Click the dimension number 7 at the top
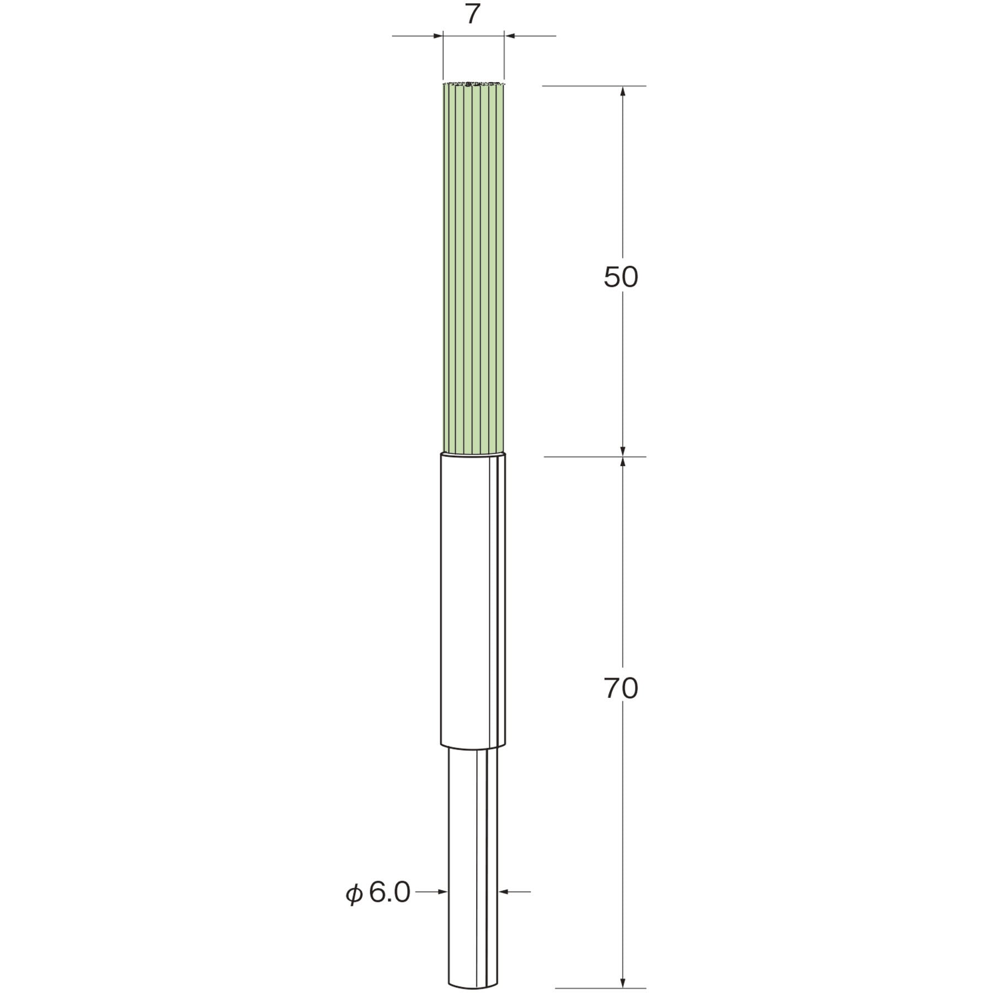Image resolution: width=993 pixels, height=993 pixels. (x=471, y=15)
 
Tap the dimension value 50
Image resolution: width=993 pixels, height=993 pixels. (x=621, y=277)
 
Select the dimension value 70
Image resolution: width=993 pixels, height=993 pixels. (x=621, y=688)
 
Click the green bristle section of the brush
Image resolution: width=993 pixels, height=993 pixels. (x=474, y=269)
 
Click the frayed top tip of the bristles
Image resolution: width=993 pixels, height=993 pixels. (x=474, y=84)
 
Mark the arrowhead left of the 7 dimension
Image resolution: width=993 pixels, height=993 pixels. (x=438, y=36)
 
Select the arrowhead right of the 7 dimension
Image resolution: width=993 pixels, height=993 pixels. (x=510, y=36)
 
